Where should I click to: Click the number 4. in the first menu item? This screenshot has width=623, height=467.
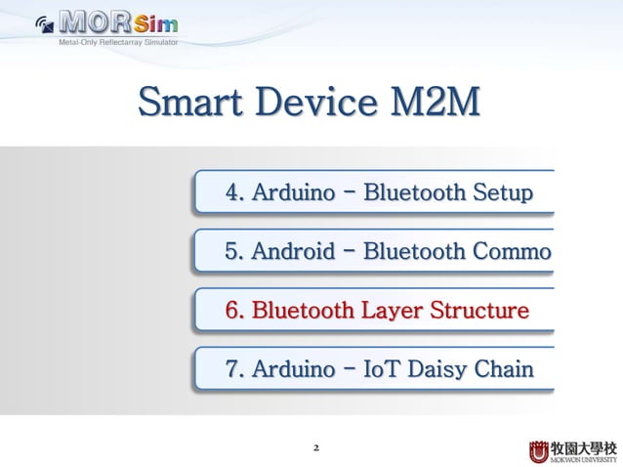[x=234, y=192]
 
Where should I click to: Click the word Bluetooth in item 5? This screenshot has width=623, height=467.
[x=414, y=251]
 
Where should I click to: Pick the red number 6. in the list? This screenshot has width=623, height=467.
[x=234, y=311]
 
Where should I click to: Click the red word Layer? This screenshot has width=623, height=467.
[x=389, y=311]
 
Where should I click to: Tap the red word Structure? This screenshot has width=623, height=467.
[x=479, y=311]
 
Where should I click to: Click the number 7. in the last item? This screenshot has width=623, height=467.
[x=234, y=369]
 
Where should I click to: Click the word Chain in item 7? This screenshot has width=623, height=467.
[x=507, y=369]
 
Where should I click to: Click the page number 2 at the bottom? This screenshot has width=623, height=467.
[x=315, y=448]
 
